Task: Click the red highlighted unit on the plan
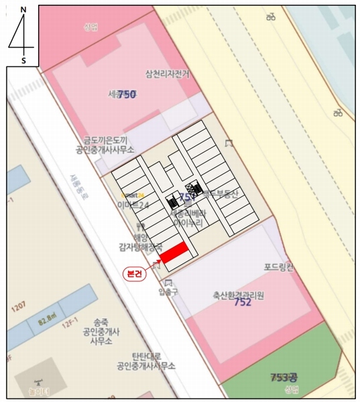[x=173, y=253]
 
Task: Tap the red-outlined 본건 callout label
[x=135, y=273]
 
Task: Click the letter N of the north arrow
[x=23, y=12]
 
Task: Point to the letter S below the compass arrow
[x=23, y=60]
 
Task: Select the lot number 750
[x=127, y=94]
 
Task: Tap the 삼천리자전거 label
[x=167, y=74]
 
